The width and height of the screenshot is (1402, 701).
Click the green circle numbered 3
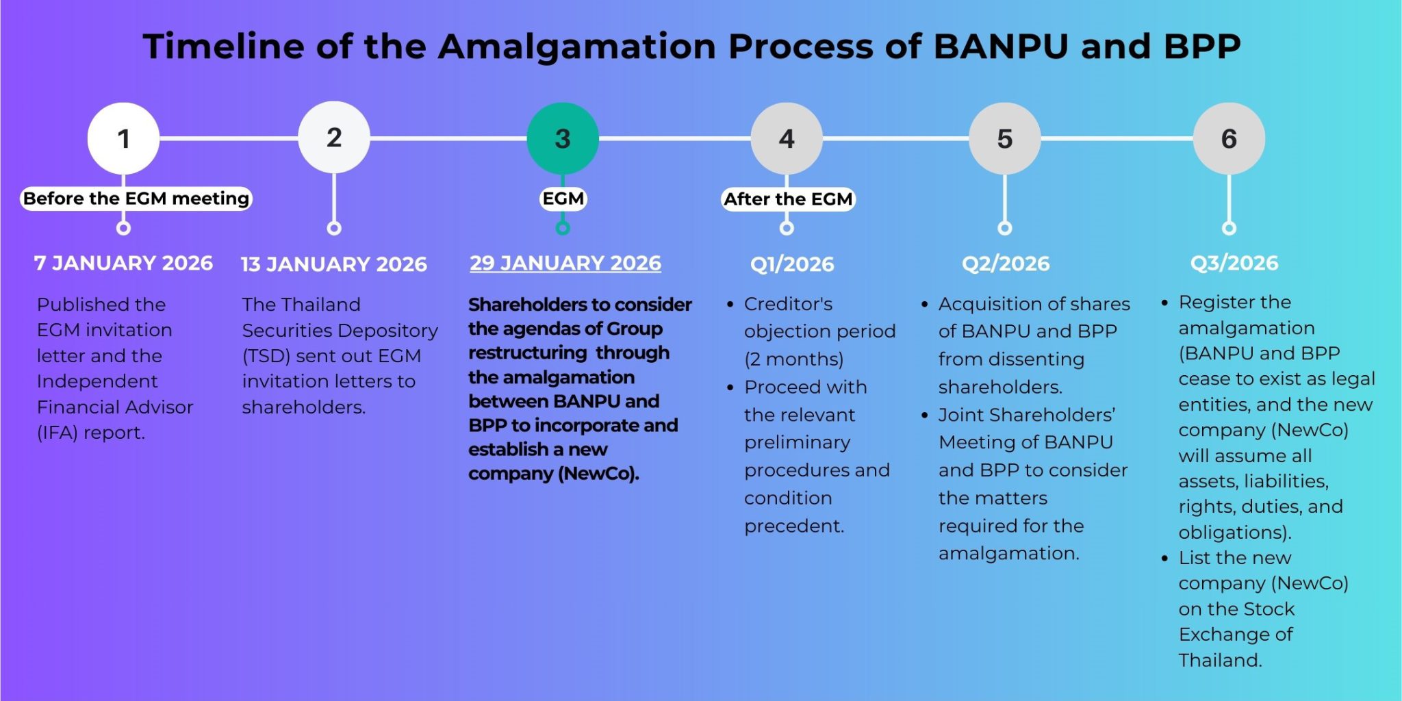click(563, 138)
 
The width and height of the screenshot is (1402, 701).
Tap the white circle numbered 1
click(123, 138)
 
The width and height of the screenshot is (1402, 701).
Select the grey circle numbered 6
click(1229, 138)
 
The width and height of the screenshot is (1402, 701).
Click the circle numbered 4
click(787, 138)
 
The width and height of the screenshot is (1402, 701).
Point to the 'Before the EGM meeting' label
click(136, 199)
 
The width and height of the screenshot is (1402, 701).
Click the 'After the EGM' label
click(788, 199)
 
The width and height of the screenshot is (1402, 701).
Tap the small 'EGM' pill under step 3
click(563, 199)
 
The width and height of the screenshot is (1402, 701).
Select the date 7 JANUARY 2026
click(123, 264)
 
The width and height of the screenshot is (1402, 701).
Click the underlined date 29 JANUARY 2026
click(565, 264)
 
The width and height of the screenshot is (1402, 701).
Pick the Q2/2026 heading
click(1005, 264)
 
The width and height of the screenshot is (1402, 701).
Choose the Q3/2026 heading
click(1234, 263)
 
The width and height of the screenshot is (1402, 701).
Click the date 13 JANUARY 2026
click(333, 264)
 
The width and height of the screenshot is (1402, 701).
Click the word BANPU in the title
click(1000, 47)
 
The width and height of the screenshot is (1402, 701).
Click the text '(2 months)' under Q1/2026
click(793, 359)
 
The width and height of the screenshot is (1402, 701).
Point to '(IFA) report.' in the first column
click(90, 433)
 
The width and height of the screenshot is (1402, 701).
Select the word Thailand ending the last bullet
click(1219, 660)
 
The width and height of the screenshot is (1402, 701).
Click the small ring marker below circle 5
click(1004, 228)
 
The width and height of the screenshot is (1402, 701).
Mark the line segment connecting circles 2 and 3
click(448, 138)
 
